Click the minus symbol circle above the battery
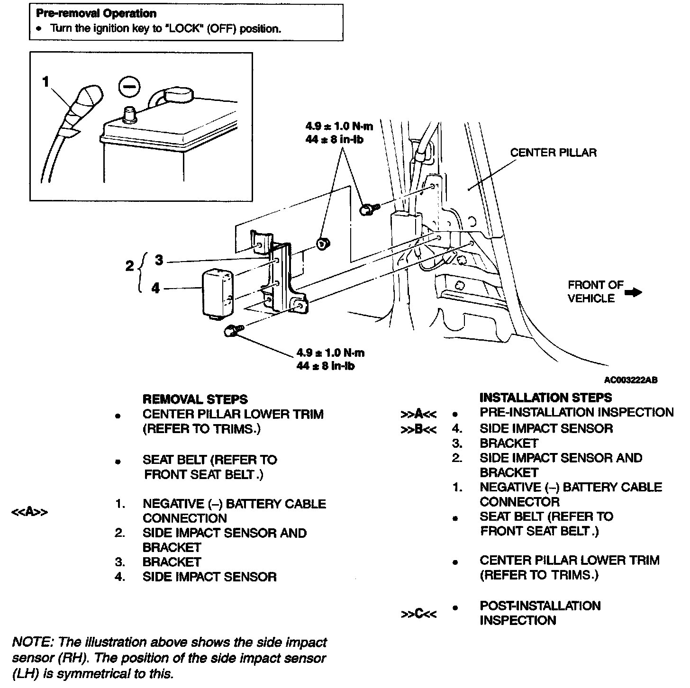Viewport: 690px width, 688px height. [129, 87]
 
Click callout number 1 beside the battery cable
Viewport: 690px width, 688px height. [45, 82]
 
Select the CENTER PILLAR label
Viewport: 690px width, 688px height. [553, 153]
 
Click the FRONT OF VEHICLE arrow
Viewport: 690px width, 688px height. [633, 292]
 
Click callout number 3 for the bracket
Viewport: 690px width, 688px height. [159, 260]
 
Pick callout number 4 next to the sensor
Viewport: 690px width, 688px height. [156, 288]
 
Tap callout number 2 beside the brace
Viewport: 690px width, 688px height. [130, 266]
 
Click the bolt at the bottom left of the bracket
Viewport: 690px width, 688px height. [232, 331]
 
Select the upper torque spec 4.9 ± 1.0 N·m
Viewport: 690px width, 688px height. [339, 127]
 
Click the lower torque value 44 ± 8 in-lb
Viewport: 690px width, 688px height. [326, 366]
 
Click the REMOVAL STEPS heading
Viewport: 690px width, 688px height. [195, 399]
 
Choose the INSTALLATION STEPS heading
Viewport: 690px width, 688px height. [545, 398]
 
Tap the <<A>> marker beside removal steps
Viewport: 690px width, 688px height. [30, 512]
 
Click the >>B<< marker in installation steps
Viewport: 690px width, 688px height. [418, 429]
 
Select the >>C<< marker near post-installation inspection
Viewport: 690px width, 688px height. [418, 614]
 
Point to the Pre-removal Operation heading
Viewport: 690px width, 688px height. [96, 13]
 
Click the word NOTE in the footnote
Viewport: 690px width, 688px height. [31, 643]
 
